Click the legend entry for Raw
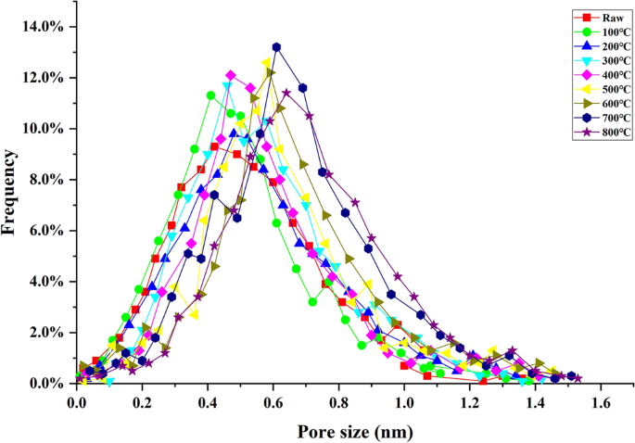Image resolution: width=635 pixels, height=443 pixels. click(x=585, y=18)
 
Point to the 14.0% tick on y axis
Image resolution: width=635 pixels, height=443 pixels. click(x=42, y=26)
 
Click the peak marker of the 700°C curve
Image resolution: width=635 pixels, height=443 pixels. click(x=276, y=46)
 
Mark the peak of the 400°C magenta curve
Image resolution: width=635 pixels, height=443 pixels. click(x=231, y=75)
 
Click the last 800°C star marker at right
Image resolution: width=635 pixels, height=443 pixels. click(x=578, y=378)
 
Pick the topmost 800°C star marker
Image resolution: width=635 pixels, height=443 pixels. click(x=286, y=93)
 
